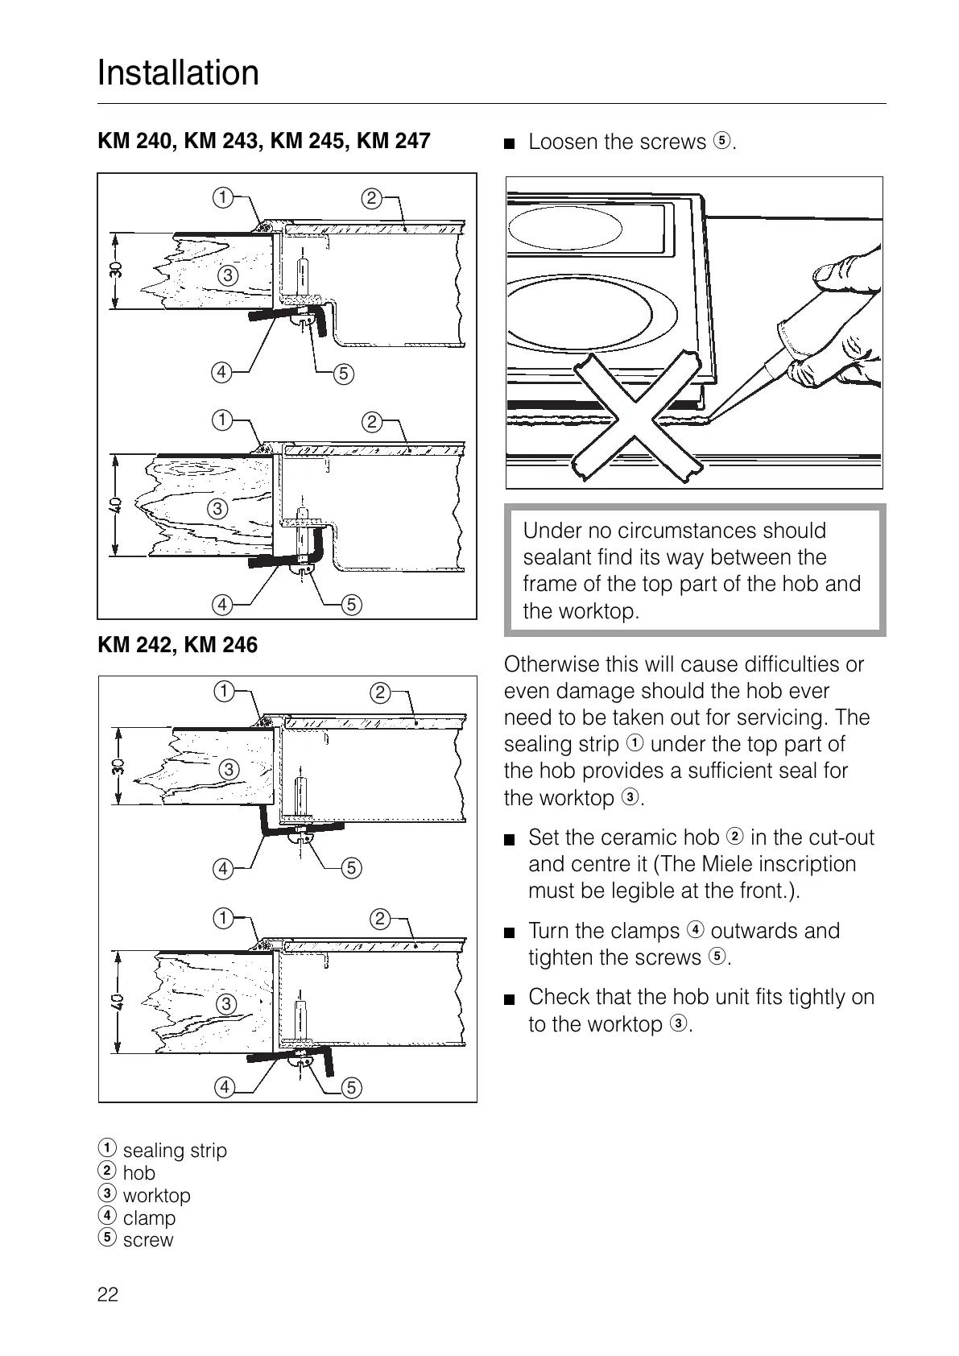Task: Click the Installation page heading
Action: [x=178, y=73]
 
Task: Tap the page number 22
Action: [x=107, y=1295]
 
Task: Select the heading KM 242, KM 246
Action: [x=177, y=645]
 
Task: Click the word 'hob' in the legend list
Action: [x=138, y=1173]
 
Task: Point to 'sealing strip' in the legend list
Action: [x=175, y=1151]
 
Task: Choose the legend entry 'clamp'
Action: [x=149, y=1218]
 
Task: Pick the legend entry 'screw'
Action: [x=147, y=1240]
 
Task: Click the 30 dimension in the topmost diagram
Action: [x=115, y=271]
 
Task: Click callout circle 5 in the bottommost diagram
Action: [x=352, y=1087]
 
